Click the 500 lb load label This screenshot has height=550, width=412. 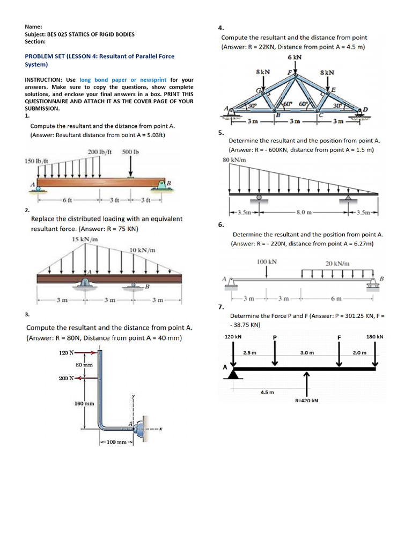coord(130,152)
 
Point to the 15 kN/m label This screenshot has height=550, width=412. coord(84,239)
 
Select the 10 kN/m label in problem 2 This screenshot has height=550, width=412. coord(143,250)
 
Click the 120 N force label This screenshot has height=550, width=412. coord(66,353)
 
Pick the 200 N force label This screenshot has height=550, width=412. coord(66,378)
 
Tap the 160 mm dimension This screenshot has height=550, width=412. coord(84,403)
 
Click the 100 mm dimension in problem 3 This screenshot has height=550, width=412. coord(116,442)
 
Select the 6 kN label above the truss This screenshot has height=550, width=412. coord(295,57)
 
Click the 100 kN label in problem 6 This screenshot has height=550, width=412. coord(267,262)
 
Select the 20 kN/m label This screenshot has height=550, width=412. coord(337,263)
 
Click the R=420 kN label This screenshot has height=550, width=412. coord(307,400)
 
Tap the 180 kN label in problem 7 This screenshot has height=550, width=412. coord(374,337)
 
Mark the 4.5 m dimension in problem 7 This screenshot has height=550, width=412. coord(267,392)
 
